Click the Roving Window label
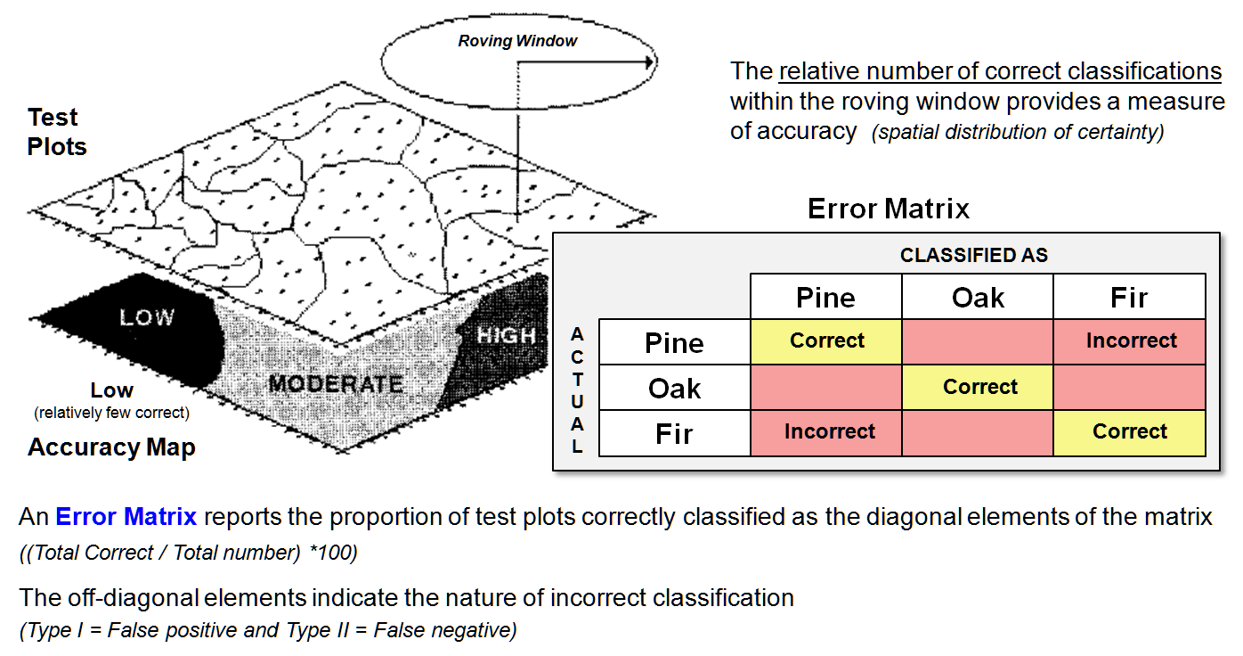pos(517,41)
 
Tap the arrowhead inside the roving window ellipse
pos(650,62)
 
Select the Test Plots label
pos(57,131)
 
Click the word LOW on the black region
pos(147,317)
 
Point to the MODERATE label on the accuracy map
pos(336,384)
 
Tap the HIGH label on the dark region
pos(507,336)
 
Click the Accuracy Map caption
pos(111,447)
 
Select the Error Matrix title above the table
pos(888,209)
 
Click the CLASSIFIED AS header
pos(974,256)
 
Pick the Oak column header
pos(978,298)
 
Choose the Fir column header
pos(1129,298)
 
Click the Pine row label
pos(674,343)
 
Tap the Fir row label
pos(674,434)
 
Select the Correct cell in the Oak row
pos(979,387)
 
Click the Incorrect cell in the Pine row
pos(1131,340)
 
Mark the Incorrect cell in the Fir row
pos(829,431)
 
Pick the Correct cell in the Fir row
pos(1130,431)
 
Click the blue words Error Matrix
pos(125,517)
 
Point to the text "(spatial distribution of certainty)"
pos(1018,133)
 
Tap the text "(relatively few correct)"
pos(111,414)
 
